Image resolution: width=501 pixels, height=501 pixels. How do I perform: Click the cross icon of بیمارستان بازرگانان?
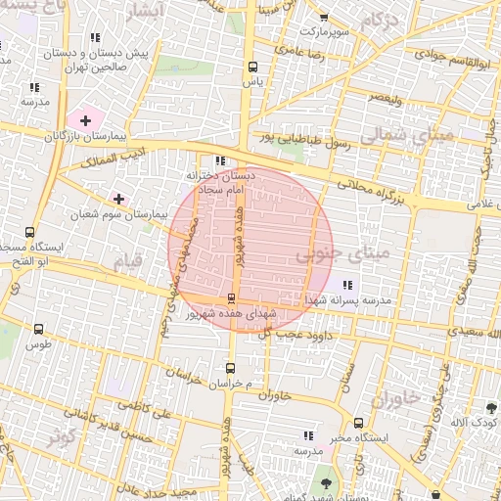[86, 121]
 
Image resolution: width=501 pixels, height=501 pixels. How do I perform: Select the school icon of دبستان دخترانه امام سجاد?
[219, 160]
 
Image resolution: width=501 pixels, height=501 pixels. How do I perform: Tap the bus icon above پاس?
[253, 68]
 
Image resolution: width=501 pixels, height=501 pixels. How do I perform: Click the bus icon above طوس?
[38, 330]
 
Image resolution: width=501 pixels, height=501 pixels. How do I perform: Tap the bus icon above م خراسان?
[230, 369]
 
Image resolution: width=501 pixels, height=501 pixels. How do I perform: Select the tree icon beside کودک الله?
[491, 407]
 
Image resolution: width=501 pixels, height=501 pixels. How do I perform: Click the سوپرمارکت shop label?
[325, 30]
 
